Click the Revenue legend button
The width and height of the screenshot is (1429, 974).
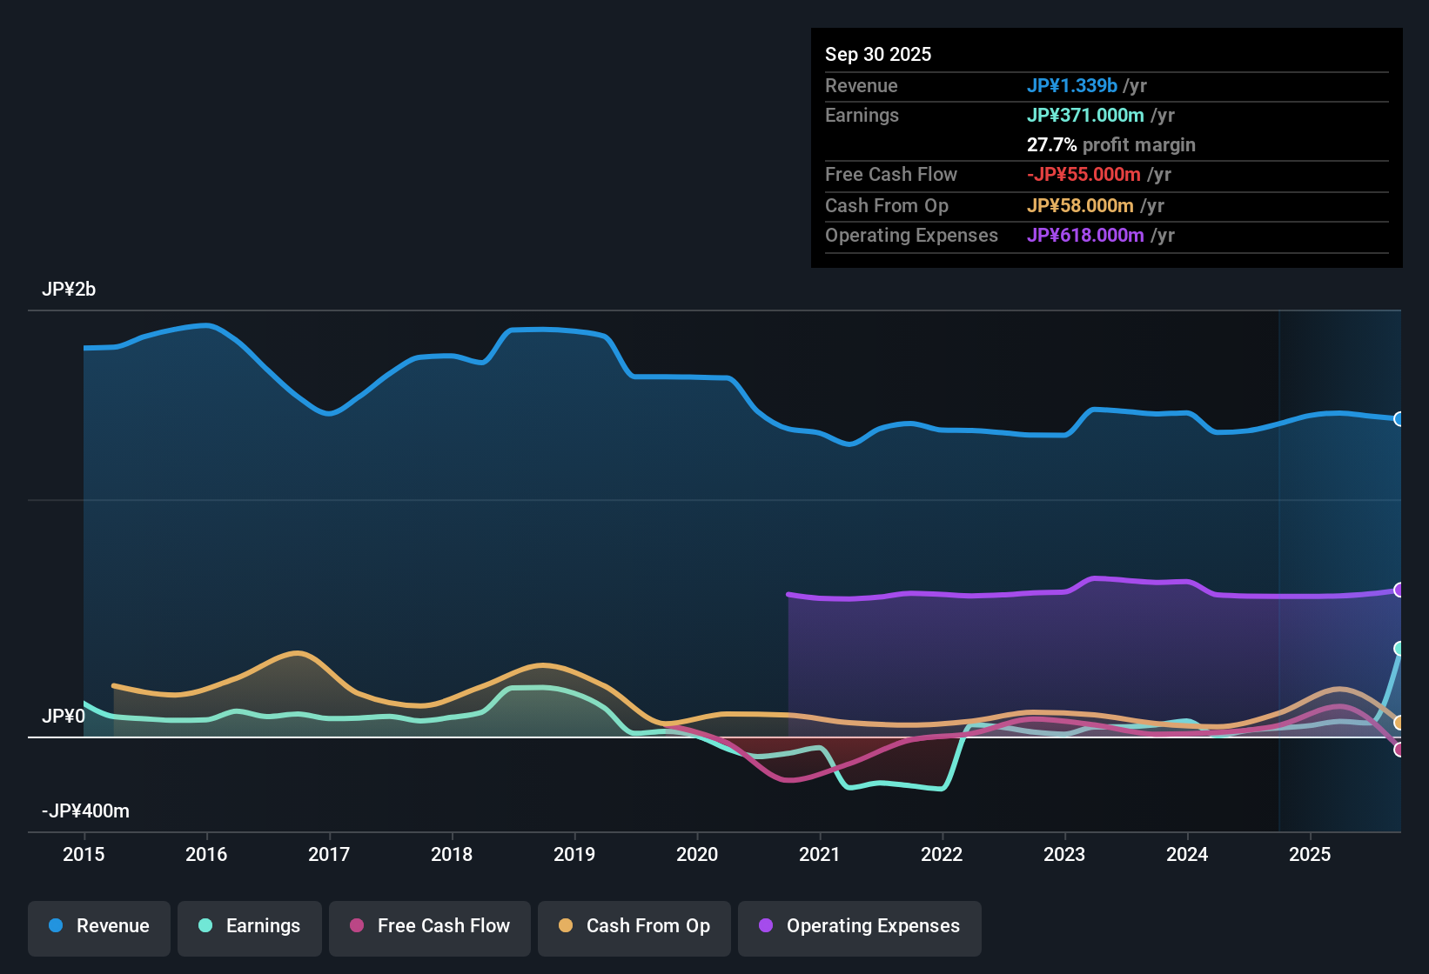[99, 926]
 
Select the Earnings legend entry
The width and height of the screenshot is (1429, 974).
[250, 926]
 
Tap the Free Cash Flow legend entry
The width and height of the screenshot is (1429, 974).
[430, 926]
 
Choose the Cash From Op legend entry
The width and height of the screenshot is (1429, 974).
[634, 926]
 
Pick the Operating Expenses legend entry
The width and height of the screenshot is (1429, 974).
[860, 926]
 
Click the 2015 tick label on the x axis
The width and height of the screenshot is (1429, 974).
[84, 855]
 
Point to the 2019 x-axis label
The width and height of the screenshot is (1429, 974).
[574, 855]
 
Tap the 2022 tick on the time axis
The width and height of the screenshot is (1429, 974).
[942, 855]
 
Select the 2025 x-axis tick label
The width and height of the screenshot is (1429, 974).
[1310, 855]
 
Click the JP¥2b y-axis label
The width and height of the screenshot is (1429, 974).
[69, 290]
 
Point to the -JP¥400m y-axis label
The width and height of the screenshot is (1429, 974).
[85, 811]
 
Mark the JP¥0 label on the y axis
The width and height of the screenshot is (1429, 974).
[64, 717]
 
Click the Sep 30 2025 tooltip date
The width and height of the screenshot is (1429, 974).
[878, 55]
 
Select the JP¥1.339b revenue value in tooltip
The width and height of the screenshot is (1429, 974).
[1071, 86]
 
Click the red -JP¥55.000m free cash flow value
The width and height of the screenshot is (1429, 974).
[1083, 175]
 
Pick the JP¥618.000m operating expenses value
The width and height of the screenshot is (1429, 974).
[1085, 236]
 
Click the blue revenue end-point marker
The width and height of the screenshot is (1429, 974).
[1399, 419]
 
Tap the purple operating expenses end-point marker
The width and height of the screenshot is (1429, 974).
[1399, 590]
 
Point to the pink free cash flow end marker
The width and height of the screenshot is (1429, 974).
[1399, 750]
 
